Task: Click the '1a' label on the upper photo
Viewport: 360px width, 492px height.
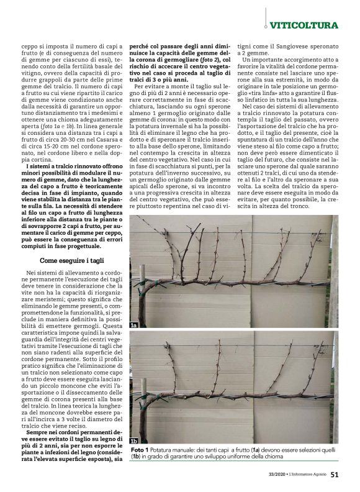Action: pos(133,325)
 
